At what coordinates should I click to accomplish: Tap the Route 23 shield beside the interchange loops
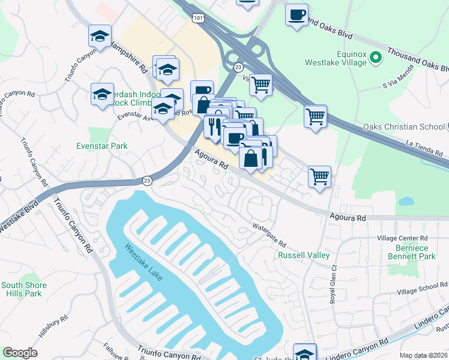238,68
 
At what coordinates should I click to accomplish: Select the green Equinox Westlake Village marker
376,58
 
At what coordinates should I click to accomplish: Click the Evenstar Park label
102,146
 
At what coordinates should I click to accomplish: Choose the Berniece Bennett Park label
414,252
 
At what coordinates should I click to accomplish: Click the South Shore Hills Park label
21,289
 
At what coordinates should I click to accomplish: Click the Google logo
20,353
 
